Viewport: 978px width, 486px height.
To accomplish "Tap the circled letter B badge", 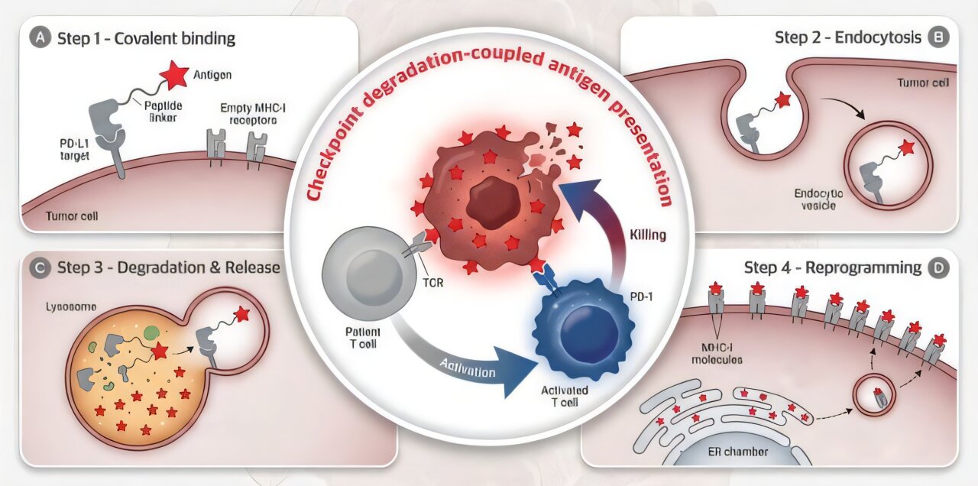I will point(935,37).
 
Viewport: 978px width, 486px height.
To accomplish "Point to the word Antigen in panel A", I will point(212,75).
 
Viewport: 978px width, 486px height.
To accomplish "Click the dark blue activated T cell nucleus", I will point(588,329).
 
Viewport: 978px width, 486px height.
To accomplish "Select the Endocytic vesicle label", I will point(818,201).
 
